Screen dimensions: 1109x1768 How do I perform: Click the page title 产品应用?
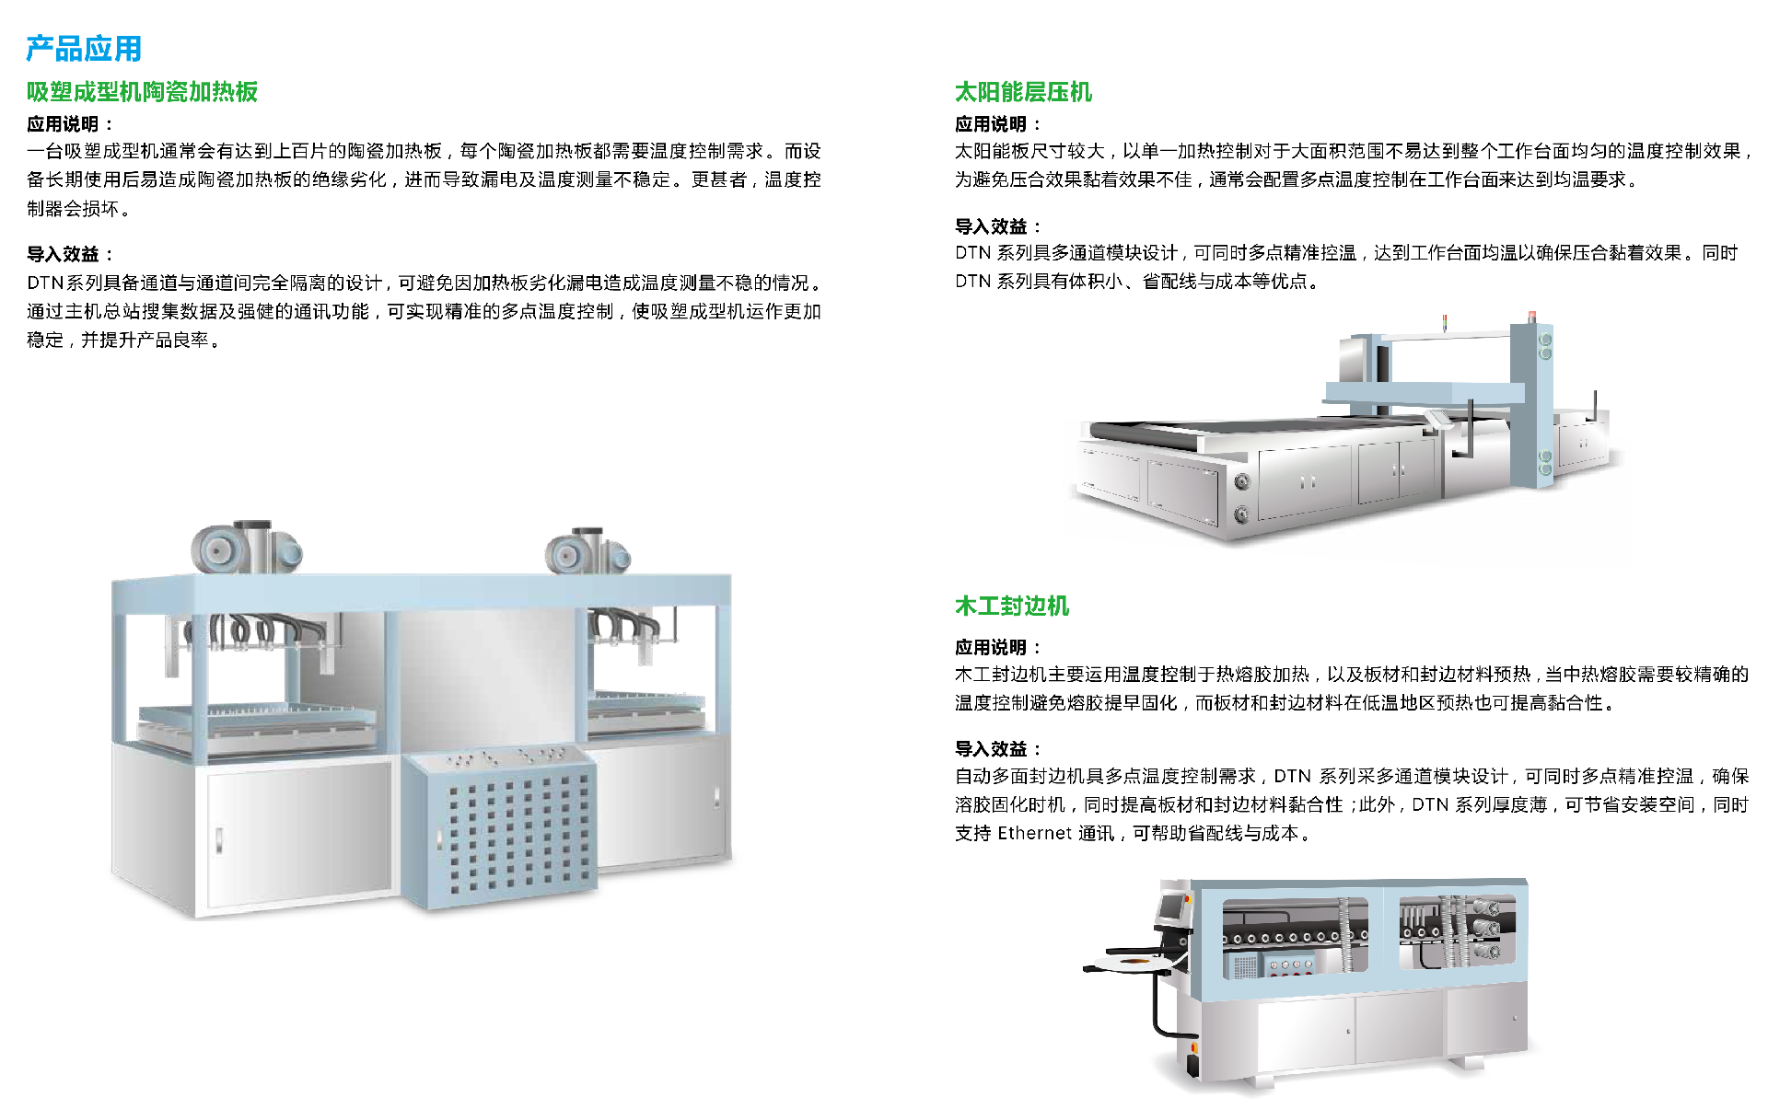pos(84,49)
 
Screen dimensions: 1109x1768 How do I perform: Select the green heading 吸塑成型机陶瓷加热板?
pos(142,92)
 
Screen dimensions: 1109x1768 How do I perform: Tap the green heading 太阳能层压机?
pos(1023,92)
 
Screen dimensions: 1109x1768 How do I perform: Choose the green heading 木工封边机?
pos(1011,606)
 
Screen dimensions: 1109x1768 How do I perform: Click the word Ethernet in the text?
pos(1034,833)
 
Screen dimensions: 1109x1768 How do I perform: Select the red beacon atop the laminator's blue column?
pos(1532,317)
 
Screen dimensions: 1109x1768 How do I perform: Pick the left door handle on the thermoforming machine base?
pos(219,840)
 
